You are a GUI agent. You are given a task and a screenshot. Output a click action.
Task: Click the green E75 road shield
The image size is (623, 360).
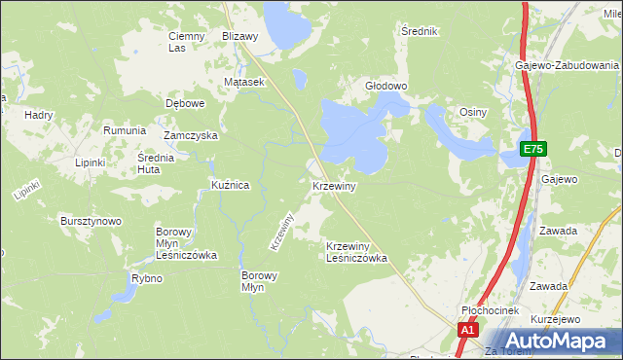coord(532,150)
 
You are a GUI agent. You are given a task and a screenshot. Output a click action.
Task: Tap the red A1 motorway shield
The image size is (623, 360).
coord(468,331)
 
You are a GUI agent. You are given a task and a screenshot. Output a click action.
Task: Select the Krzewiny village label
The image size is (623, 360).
coord(335,185)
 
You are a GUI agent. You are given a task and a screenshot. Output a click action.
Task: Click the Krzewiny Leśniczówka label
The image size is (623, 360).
coord(356,252)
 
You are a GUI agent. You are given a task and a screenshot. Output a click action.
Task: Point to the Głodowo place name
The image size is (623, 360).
coord(385,86)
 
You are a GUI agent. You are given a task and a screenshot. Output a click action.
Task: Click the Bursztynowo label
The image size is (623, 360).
coord(91,221)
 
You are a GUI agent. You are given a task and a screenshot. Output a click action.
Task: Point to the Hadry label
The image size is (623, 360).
coord(39,115)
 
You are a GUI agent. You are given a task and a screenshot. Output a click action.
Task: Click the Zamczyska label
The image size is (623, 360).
coord(190,136)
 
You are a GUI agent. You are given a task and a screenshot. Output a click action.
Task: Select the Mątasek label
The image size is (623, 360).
coord(244,83)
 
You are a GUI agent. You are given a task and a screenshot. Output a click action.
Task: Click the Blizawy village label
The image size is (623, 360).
coord(239,36)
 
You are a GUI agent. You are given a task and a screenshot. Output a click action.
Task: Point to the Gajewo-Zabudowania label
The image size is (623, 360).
coord(568,64)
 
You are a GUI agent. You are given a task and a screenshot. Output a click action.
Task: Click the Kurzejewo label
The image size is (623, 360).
coord(556,319)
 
